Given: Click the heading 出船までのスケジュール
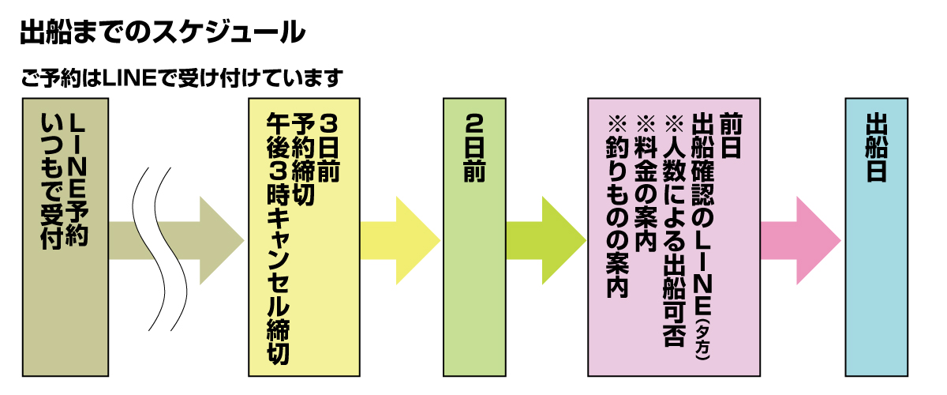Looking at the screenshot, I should [x=162, y=33].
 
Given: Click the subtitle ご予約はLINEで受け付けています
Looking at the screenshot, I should [x=182, y=78].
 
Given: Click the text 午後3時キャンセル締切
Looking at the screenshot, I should [x=279, y=237].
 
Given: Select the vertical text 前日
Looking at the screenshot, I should [x=731, y=137].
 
